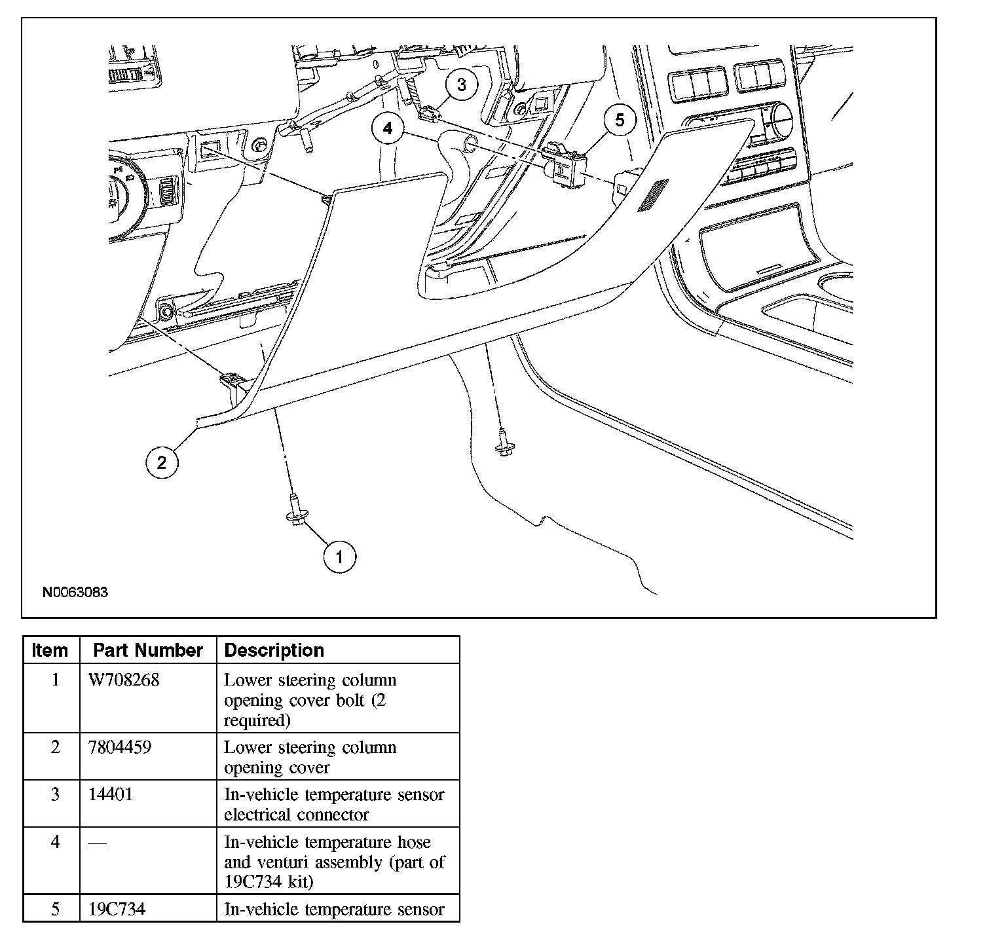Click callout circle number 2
[161, 463]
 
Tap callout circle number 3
[462, 84]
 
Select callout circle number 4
[388, 128]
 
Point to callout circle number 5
[620, 120]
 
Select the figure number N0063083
[75, 593]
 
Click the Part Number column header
[147, 650]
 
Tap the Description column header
[274, 650]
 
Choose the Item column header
[50, 650]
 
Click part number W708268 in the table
[124, 680]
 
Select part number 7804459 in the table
[119, 747]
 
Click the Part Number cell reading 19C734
[117, 910]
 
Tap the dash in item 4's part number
[96, 843]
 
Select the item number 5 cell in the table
[55, 910]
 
